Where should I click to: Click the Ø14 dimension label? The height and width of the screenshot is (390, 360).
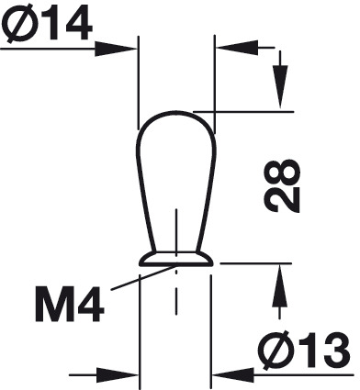47,21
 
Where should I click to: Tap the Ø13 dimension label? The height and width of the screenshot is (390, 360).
305,350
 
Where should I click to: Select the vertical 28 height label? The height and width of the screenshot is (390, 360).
282,185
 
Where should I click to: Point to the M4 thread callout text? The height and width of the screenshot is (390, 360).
70,304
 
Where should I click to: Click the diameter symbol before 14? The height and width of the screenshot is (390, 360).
19,21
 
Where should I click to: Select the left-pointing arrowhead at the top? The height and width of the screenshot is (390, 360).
237,48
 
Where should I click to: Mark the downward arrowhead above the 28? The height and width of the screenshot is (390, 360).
280,86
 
